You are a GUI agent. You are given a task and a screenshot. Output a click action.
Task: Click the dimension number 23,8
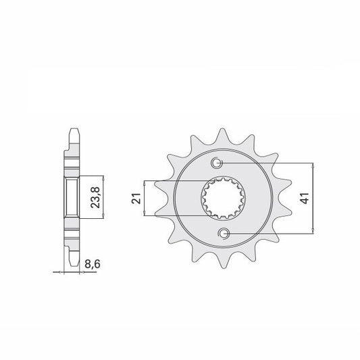(95, 197)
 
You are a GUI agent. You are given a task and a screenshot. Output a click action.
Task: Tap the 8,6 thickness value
(93, 264)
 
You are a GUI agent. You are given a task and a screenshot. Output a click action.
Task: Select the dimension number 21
(136, 199)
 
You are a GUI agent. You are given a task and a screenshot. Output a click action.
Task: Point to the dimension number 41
(305, 198)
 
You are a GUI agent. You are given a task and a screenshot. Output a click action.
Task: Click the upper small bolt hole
(217, 163)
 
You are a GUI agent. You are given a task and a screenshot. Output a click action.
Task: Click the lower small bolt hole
(224, 234)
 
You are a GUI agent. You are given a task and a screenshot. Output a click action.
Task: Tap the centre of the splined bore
(223, 199)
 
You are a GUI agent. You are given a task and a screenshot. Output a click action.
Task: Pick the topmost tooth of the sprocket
(222, 136)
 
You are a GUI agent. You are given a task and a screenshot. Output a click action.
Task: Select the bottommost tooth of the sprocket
(224, 261)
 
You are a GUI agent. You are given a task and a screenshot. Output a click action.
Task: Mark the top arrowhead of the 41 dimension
(313, 165)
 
